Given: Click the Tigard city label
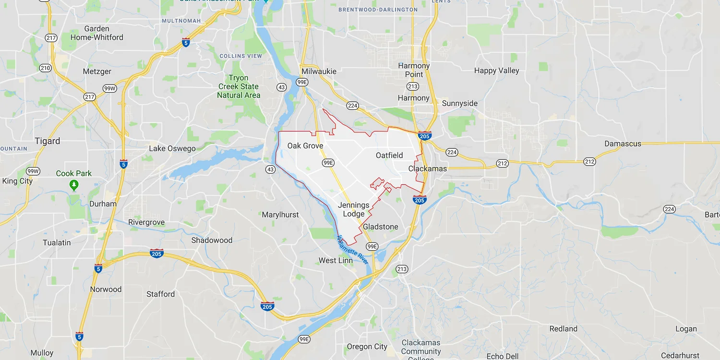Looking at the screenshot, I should [x=48, y=141].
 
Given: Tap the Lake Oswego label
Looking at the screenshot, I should [x=172, y=148].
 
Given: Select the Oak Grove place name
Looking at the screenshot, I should [x=305, y=145].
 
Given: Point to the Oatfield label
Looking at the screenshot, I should [x=389, y=155].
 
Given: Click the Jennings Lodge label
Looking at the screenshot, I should [x=354, y=210].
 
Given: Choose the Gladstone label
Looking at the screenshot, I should [x=381, y=227].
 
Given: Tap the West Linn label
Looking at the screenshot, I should [x=336, y=260].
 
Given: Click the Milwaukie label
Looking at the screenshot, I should [x=319, y=71].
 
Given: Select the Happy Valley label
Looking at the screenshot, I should [x=497, y=71].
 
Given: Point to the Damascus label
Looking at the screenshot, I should [x=623, y=144].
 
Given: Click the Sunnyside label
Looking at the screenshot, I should [x=460, y=103].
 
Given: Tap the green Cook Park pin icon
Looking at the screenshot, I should [x=74, y=184].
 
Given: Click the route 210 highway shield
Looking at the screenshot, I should [x=46, y=68].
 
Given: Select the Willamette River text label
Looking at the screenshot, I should [x=352, y=250].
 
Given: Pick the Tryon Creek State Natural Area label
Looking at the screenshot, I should [x=239, y=86].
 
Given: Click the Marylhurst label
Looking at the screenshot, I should [x=280, y=215].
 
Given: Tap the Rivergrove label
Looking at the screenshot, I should [x=146, y=222].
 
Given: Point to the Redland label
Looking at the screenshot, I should [x=564, y=329].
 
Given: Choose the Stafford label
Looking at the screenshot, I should [x=161, y=294].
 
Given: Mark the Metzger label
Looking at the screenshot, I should [x=97, y=72].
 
